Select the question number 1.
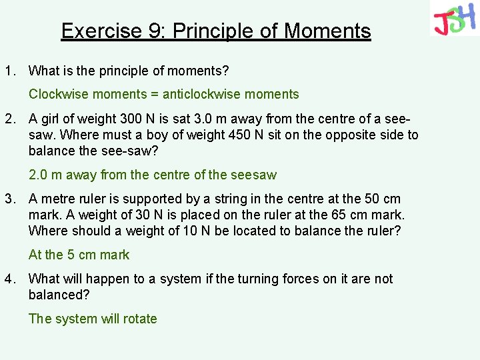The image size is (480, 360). click(9, 71)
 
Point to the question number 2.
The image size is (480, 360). click(9, 119)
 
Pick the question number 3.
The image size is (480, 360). click(9, 199)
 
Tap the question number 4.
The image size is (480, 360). click(9, 279)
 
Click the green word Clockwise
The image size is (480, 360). click(57, 95)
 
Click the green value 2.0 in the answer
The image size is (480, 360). click(37, 175)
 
